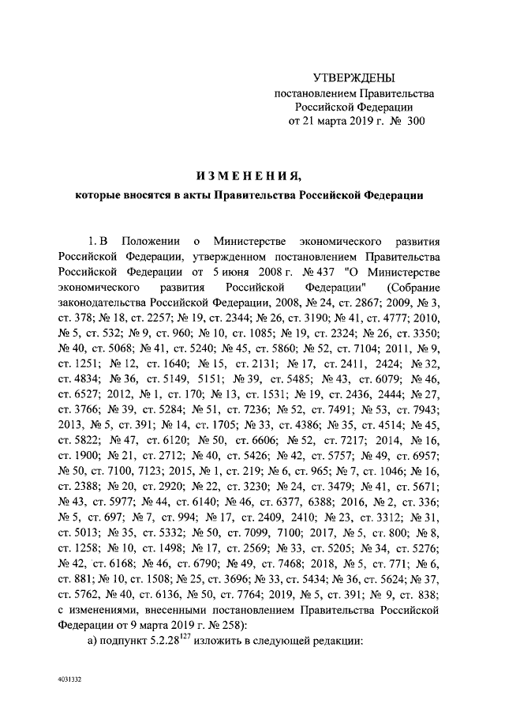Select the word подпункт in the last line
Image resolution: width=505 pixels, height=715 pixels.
coord(124,651)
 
